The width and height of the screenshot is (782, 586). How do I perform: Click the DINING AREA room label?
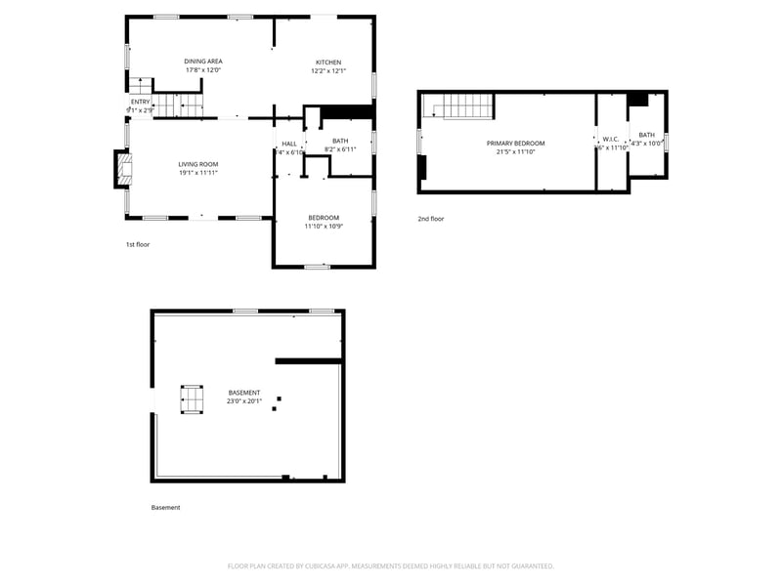[203, 62]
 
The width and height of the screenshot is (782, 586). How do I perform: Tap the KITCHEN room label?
[327, 62]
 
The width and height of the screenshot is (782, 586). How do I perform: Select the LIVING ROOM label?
[197, 164]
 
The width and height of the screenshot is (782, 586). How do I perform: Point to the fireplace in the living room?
[122, 168]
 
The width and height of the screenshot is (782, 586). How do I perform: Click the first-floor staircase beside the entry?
[180, 105]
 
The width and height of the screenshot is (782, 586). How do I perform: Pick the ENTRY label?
[141, 102]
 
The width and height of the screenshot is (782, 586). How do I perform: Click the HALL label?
[289, 144]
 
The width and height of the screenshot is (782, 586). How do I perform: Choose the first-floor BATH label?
[340, 141]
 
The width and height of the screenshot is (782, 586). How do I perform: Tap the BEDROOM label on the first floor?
[324, 217]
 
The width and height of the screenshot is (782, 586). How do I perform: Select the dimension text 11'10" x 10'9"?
[324, 227]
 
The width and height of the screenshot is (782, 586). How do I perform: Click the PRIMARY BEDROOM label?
[515, 144]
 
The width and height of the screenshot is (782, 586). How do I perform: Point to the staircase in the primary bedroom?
[467, 105]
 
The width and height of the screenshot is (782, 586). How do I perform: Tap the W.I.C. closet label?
[611, 139]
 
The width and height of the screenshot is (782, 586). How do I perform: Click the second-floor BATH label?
[647, 135]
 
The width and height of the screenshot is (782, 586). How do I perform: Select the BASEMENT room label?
[244, 392]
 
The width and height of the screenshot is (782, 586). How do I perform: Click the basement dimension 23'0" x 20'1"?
[244, 400]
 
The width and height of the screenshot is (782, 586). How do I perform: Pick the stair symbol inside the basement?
[193, 399]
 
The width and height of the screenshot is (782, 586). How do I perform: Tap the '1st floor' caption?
[137, 244]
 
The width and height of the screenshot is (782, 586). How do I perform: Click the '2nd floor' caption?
[430, 219]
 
